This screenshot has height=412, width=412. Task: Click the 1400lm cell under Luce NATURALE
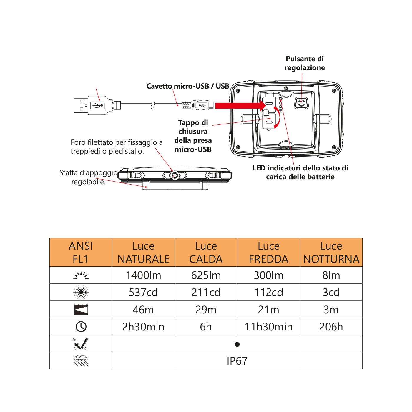(143, 275)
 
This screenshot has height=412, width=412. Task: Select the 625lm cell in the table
(206, 275)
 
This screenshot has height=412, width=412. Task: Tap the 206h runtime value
(331, 327)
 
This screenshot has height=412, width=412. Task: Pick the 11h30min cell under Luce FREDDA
(268, 327)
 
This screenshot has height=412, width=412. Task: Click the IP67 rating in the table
(237, 361)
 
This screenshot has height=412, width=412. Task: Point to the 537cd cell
(143, 293)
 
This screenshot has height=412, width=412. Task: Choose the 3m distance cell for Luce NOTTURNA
(331, 310)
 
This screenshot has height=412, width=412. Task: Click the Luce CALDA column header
(206, 252)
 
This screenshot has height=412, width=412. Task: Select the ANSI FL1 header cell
(81, 252)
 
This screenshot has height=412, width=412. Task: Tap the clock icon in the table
(81, 327)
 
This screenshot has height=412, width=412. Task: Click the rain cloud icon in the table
(81, 360)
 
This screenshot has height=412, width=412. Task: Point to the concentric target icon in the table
(81, 292)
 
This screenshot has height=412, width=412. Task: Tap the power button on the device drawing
(301, 103)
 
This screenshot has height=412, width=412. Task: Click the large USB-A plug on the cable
(93, 105)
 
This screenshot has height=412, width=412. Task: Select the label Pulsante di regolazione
(305, 63)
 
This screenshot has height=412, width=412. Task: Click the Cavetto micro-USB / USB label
(188, 86)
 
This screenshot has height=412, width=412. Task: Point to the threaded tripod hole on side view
(175, 175)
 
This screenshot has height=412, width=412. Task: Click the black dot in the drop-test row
(237, 344)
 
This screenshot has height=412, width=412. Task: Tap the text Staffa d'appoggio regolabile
(88, 177)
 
